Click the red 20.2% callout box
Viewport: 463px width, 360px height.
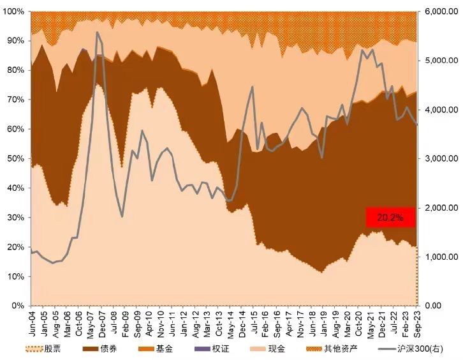(x=390, y=217)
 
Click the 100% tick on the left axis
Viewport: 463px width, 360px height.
(x=13, y=11)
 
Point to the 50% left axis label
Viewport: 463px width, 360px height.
(x=15, y=158)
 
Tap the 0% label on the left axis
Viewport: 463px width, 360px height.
(x=18, y=305)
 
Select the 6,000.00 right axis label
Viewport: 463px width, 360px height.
(x=440, y=11)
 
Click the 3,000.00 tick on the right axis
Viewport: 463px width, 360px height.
(x=440, y=158)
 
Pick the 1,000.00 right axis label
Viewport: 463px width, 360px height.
(x=440, y=257)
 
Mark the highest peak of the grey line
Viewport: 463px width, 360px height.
(x=97, y=32)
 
